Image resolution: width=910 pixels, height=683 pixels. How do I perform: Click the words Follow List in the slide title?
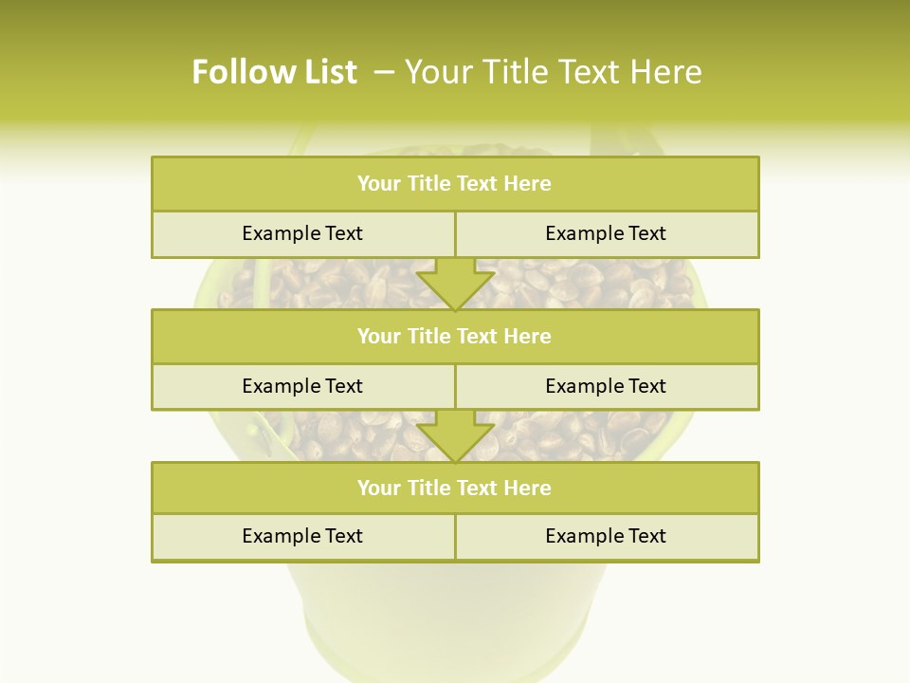(x=274, y=72)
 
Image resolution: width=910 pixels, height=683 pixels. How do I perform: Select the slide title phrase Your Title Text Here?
(x=553, y=72)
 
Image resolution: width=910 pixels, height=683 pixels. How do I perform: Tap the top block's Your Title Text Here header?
(x=454, y=184)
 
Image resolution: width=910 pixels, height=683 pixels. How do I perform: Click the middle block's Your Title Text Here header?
(x=454, y=336)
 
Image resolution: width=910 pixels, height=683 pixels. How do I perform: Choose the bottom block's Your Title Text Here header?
(x=454, y=488)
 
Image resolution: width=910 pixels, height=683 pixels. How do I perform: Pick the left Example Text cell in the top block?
(x=302, y=233)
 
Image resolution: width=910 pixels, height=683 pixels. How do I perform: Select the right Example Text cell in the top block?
(x=606, y=233)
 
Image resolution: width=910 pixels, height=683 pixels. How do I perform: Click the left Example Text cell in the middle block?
(x=302, y=386)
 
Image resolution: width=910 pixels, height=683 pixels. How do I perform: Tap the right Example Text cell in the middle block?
(x=606, y=386)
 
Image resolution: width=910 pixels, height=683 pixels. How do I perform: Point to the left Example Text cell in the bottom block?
(x=302, y=536)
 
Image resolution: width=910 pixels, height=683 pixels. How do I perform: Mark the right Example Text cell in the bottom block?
(x=606, y=536)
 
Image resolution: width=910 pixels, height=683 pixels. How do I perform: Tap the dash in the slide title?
(x=384, y=72)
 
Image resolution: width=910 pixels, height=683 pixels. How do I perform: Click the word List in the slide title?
(x=326, y=72)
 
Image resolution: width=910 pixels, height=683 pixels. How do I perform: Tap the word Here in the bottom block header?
(x=527, y=488)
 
